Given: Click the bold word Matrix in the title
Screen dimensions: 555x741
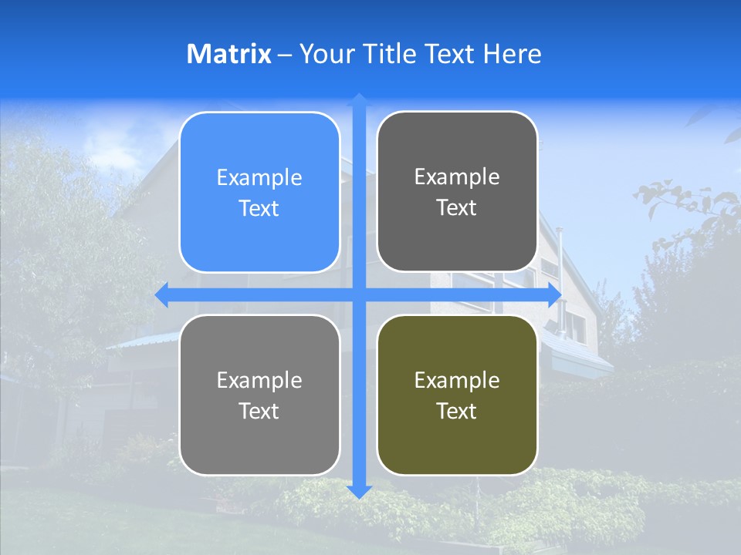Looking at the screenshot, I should point(228,54).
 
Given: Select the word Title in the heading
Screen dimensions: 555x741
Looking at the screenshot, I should point(389,54).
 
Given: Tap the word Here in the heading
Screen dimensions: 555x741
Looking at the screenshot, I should point(512,54).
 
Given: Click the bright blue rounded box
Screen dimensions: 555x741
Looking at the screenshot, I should point(259,193).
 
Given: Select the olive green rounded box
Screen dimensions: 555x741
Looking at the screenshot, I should point(457,395).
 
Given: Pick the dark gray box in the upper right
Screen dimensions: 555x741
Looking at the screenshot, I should point(457,192).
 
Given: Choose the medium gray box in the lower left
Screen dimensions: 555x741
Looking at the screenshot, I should point(259,395).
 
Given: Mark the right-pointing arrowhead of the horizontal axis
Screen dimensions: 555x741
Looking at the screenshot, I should point(554,294).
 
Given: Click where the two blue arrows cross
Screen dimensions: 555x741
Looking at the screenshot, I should point(358,294).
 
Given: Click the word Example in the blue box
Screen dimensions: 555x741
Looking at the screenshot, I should point(259,178).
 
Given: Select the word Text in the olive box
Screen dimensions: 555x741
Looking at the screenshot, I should point(457,411).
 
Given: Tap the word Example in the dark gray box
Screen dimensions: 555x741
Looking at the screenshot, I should point(457,177).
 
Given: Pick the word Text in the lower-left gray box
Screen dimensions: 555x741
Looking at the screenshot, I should point(259,411).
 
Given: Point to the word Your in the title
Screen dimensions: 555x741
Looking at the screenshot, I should point(325,54).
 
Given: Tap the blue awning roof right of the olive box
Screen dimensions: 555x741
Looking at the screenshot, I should point(575,351).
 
